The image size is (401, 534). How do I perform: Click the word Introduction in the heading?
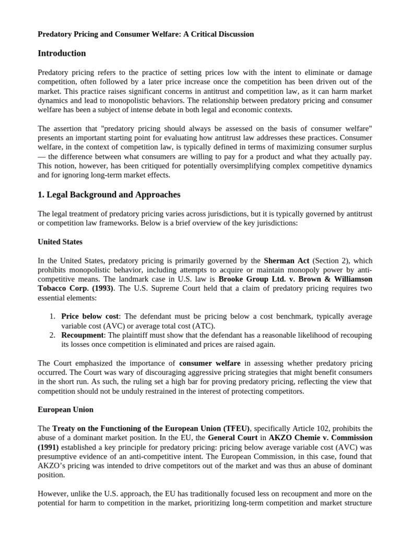pyautogui.click(x=62, y=53)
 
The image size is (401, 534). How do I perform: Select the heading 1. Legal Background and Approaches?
pyautogui.click(x=109, y=195)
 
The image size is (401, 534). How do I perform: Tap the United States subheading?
pyautogui.click(x=60, y=242)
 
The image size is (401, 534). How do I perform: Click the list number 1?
pyautogui.click(x=52, y=317)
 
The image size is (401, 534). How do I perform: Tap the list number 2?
pyautogui.click(x=52, y=335)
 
